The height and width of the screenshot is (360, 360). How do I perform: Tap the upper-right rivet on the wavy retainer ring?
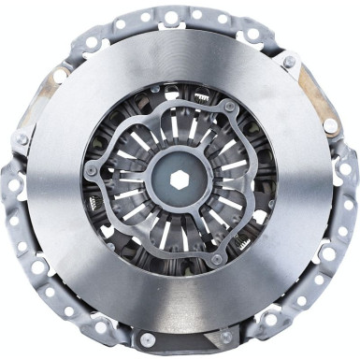pyautogui.click(x=230, y=107)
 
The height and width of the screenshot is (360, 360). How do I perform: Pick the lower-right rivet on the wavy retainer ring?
pyautogui.click(x=218, y=258)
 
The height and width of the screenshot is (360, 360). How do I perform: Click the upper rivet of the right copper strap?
pyautogui.click(x=288, y=63)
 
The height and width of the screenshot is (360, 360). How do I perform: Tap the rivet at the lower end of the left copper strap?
pyautogui.click(x=21, y=140)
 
